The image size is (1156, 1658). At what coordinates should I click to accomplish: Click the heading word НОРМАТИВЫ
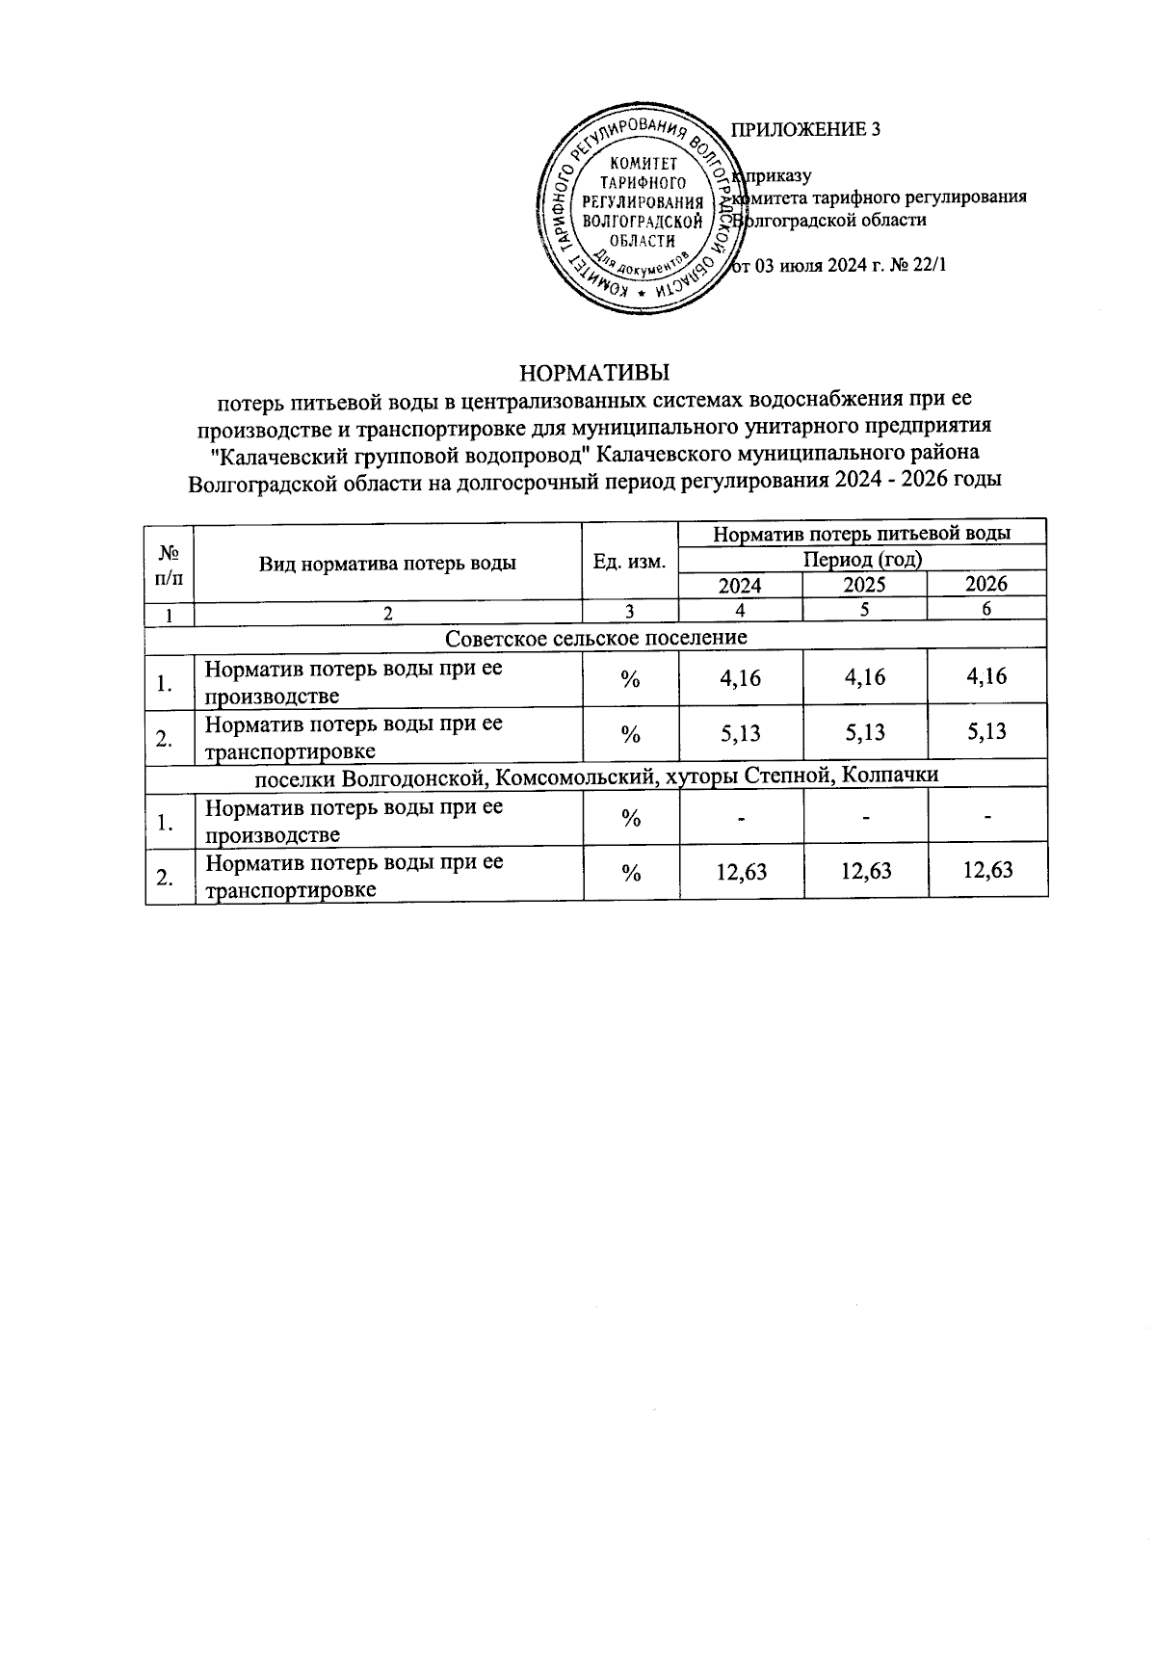(594, 372)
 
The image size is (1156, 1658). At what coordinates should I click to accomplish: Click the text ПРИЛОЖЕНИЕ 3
(806, 130)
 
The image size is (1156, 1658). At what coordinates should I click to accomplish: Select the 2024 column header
(740, 585)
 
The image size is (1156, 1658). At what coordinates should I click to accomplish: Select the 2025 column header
(864, 585)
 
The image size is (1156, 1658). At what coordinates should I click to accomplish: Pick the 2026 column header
(986, 584)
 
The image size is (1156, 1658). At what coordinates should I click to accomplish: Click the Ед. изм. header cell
(631, 562)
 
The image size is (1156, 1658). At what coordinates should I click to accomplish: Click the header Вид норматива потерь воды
(387, 563)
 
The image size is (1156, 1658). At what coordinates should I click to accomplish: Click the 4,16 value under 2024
(741, 678)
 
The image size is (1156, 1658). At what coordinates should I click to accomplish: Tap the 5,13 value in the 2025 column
(864, 733)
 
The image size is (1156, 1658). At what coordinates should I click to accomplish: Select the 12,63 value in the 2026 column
(987, 871)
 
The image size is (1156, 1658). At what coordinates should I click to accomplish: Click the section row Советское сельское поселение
(596, 638)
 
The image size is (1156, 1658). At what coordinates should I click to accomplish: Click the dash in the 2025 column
(866, 818)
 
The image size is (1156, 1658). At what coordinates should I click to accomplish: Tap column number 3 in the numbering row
(630, 611)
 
